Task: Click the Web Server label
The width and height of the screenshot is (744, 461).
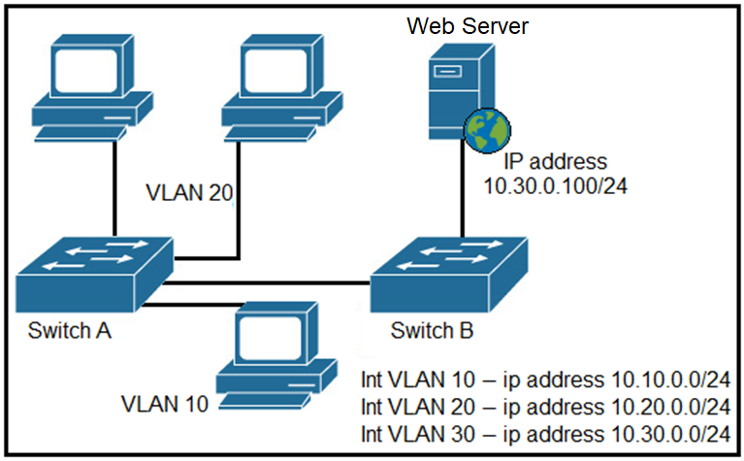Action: tap(468, 25)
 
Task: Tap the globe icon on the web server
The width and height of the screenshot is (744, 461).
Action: tap(487, 131)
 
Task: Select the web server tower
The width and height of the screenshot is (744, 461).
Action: tap(461, 91)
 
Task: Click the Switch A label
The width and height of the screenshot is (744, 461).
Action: tap(69, 330)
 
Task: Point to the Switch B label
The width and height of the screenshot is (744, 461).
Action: tap(432, 330)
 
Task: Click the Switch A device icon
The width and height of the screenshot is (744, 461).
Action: tap(94, 275)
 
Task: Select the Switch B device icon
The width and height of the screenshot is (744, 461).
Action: tap(449, 275)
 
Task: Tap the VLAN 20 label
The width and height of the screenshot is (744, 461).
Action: tap(189, 193)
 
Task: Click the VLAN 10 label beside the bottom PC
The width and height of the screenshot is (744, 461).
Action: tap(165, 404)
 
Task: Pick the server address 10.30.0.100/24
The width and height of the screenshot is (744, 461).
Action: tap(555, 186)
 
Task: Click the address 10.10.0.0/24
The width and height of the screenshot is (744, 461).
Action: tap(670, 379)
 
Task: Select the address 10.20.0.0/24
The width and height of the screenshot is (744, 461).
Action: tap(670, 407)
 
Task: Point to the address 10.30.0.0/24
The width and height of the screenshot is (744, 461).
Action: tap(670, 434)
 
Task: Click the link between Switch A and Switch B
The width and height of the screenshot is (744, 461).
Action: tap(267, 283)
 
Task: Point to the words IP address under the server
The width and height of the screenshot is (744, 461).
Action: tap(555, 161)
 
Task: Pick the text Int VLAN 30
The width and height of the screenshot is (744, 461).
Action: tap(417, 434)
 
